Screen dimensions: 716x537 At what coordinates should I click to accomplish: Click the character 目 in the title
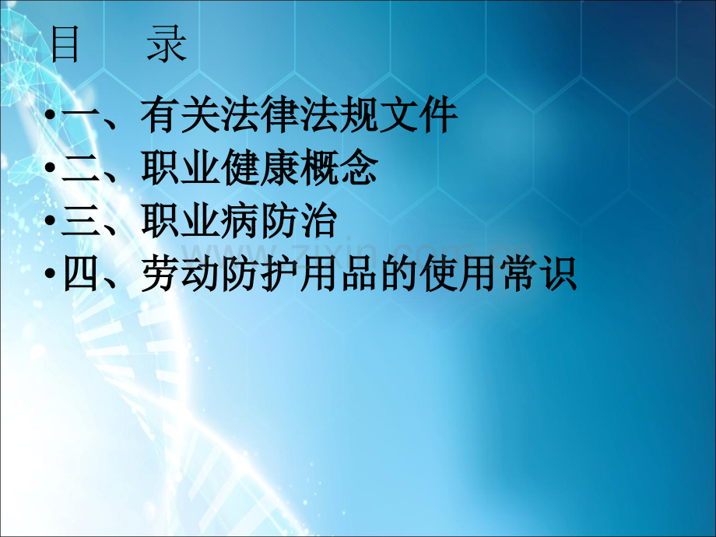pyautogui.click(x=65, y=44)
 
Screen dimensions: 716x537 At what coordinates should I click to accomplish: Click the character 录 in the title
pyautogui.click(x=167, y=44)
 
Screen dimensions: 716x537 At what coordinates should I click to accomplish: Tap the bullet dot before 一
pyautogui.click(x=51, y=114)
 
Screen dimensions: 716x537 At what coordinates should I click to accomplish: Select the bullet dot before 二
pyautogui.click(x=51, y=167)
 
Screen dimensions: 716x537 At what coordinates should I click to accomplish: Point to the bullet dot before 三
pyautogui.click(x=51, y=220)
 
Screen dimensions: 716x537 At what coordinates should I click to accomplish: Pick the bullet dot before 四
pyautogui.click(x=51, y=274)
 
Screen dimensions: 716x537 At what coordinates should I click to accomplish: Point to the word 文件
pyautogui.click(x=419, y=114)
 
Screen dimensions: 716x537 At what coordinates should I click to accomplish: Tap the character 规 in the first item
pyautogui.click(x=359, y=114)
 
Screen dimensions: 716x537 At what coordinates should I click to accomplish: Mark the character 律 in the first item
pyautogui.click(x=279, y=114)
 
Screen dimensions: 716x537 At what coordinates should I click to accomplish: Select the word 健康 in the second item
pyautogui.click(x=260, y=167)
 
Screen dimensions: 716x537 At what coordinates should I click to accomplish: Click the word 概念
pyautogui.click(x=339, y=167)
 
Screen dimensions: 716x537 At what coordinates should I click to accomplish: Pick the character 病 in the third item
pyautogui.click(x=240, y=221)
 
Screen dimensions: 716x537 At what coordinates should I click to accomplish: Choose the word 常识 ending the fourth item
pyautogui.click(x=538, y=274)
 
